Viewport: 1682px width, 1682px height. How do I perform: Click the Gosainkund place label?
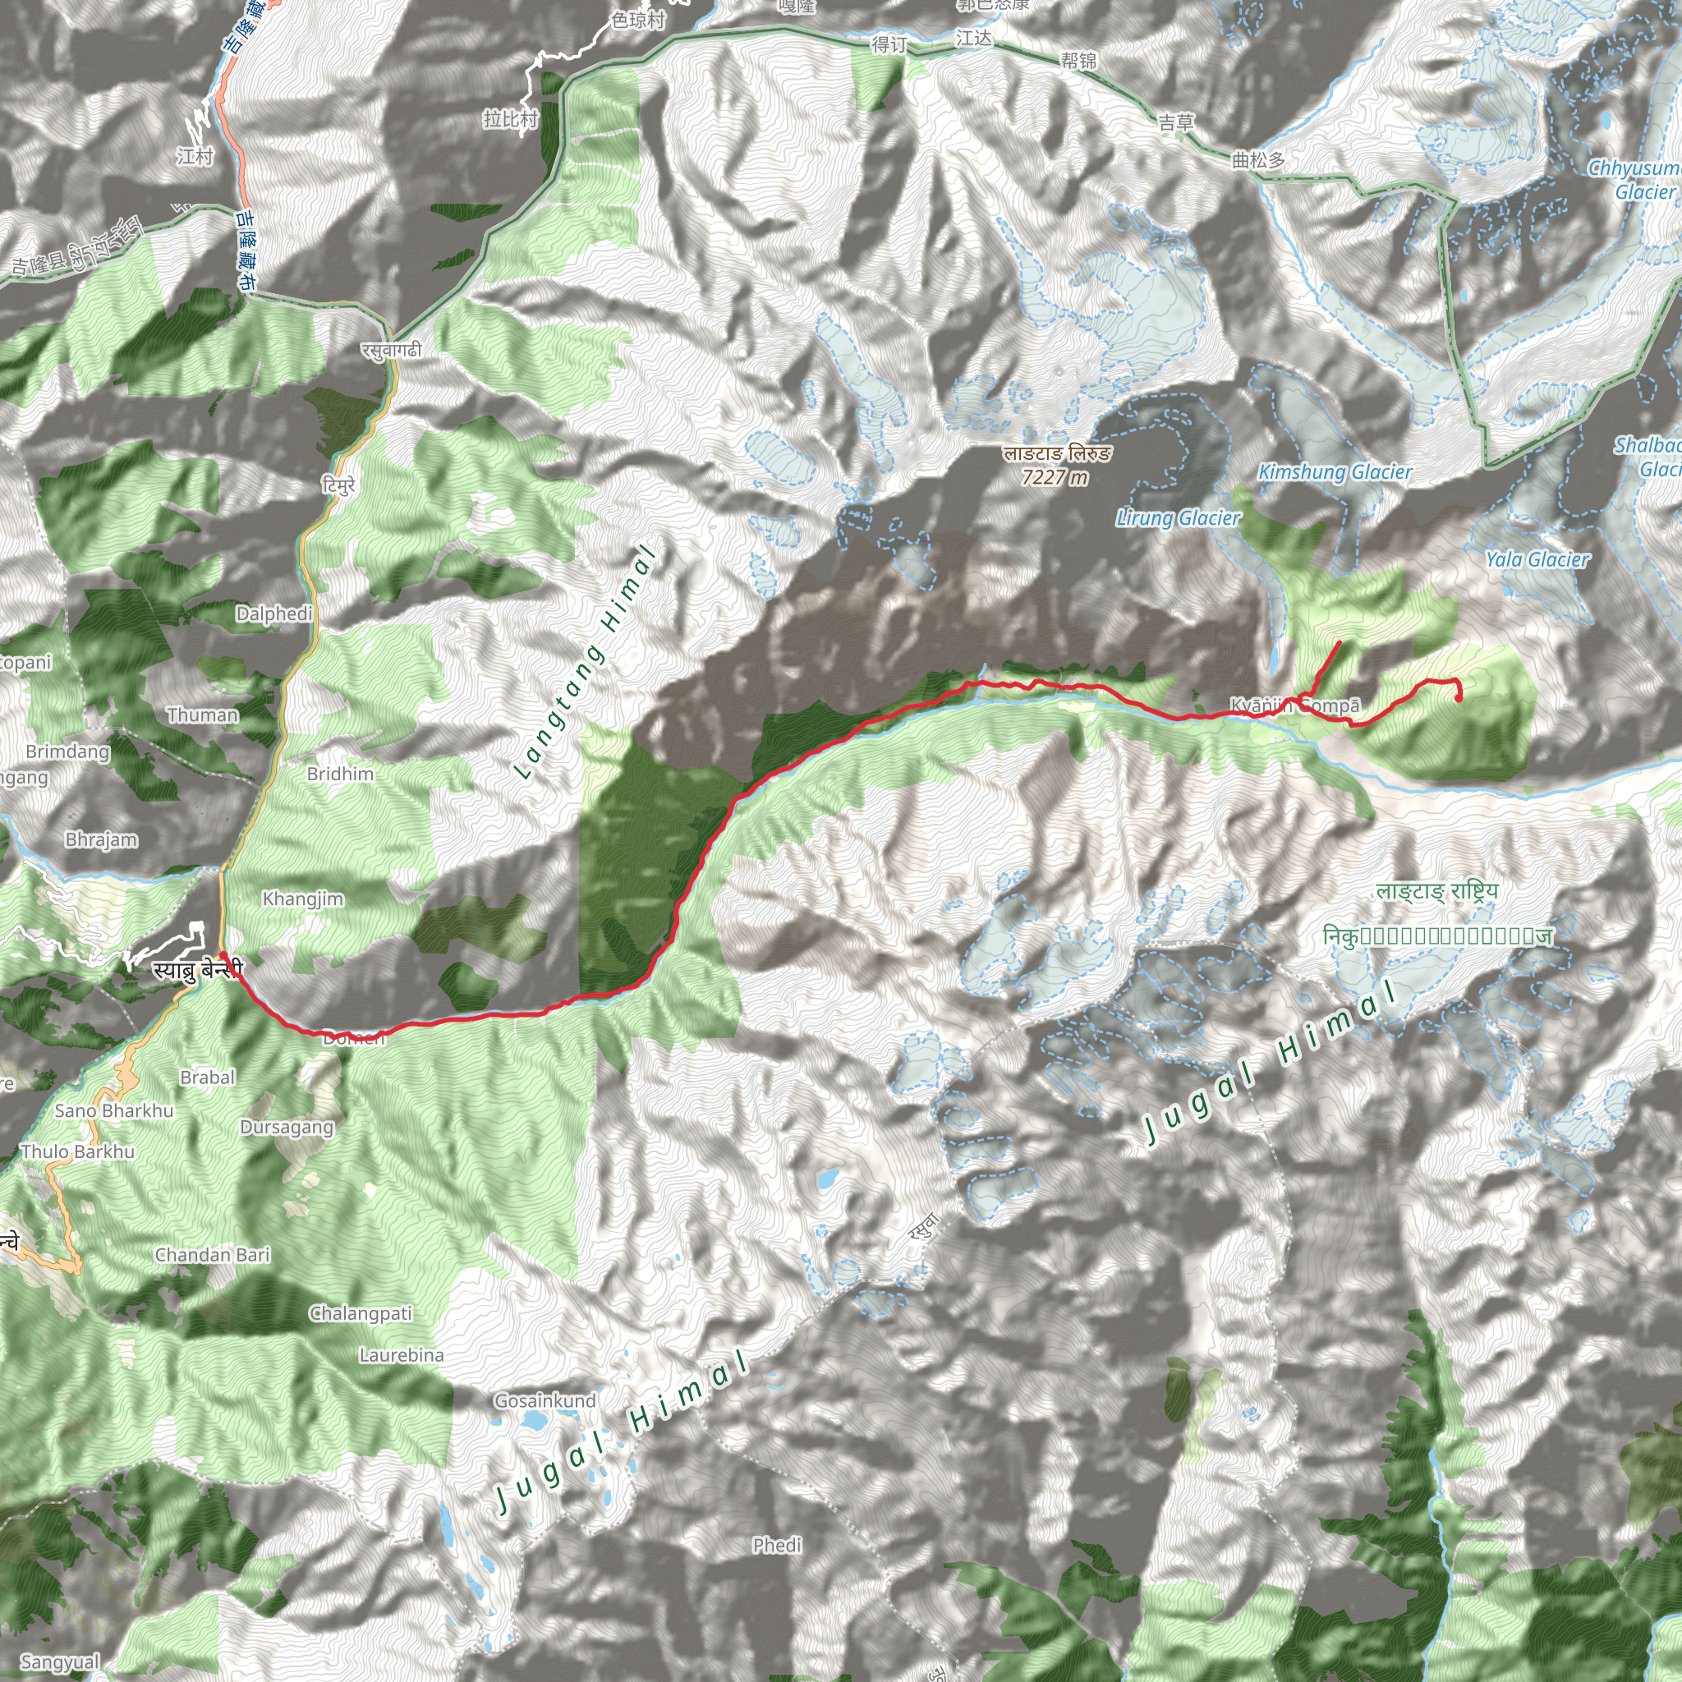[545, 1401]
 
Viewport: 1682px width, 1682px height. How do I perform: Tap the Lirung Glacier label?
[1178, 518]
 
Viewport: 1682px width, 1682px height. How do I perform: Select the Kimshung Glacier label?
[1335, 472]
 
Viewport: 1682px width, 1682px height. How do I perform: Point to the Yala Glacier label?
[1537, 559]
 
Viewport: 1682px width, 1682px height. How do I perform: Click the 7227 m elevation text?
[1055, 477]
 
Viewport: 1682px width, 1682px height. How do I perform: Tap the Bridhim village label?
[339, 774]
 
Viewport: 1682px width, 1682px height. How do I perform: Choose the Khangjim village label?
[303, 898]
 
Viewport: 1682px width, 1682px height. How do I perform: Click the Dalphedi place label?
[273, 614]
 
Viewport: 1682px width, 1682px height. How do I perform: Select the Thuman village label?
[202, 715]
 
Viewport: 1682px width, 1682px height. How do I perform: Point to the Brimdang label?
[68, 751]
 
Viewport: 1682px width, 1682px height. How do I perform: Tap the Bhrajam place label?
[101, 840]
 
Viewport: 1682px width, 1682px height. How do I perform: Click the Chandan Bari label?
[213, 1255]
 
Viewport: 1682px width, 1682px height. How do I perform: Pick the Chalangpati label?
[361, 1313]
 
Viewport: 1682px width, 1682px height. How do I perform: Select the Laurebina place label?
[402, 1354]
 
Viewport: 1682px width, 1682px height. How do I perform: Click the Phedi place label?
[777, 1546]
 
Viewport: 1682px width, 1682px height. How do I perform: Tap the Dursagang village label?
[287, 1128]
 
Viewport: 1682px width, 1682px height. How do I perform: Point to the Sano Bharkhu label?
[114, 1111]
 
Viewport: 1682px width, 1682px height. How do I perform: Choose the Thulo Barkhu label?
[77, 1151]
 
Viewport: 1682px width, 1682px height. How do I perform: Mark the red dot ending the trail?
[1459, 697]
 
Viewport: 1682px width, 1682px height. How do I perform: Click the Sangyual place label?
[59, 1662]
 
